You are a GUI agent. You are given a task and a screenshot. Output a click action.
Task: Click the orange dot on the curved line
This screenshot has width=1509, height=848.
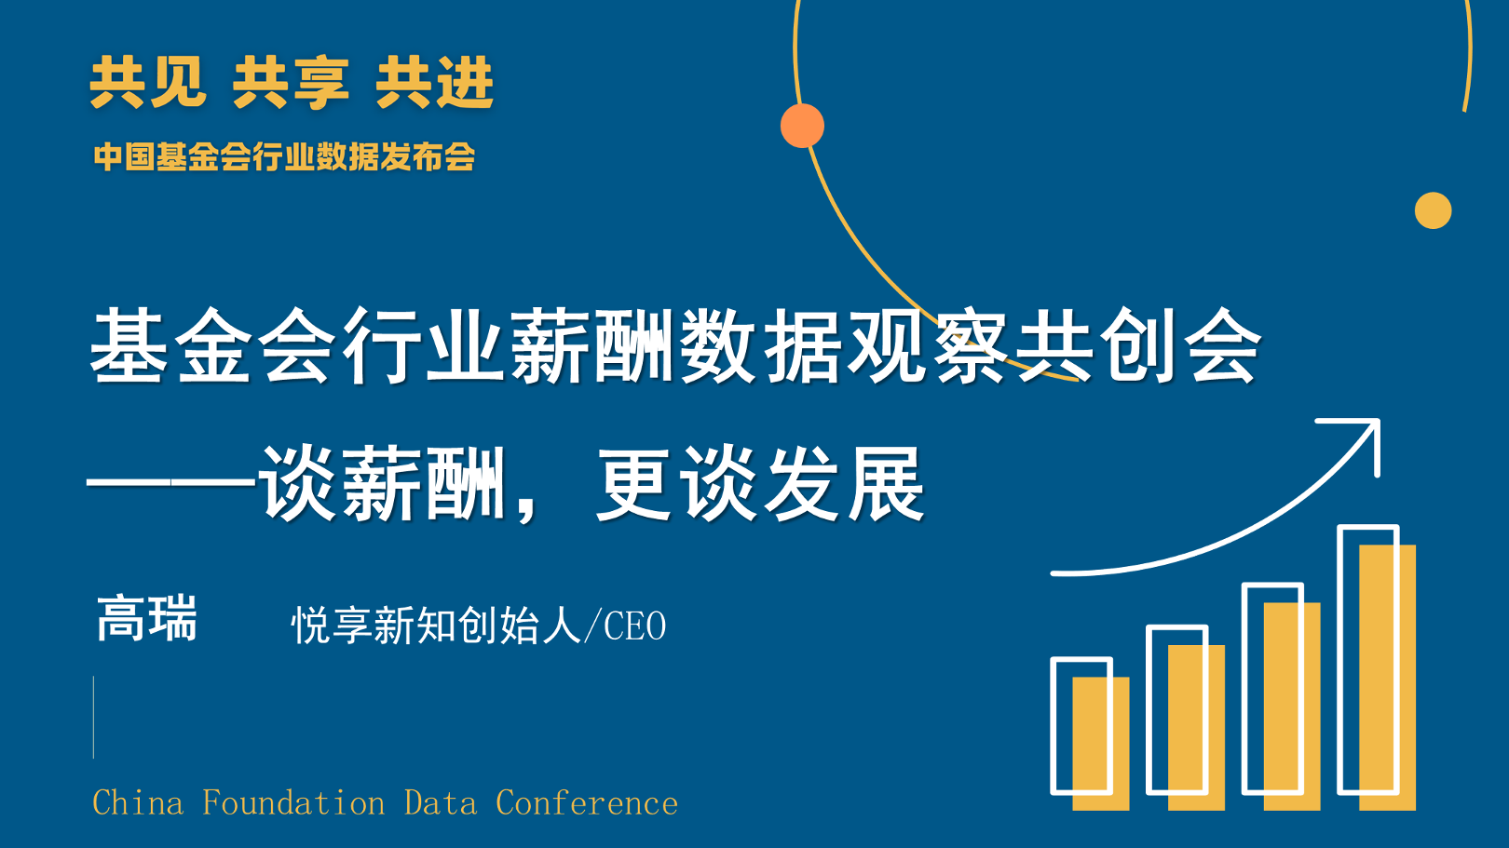click(x=802, y=126)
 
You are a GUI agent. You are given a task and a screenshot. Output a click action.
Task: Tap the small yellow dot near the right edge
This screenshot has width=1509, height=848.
click(x=1433, y=210)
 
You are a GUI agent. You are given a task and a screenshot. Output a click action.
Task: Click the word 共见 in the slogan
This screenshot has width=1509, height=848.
click(x=148, y=82)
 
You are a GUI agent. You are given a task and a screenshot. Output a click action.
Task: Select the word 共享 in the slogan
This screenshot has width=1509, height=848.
click(x=291, y=82)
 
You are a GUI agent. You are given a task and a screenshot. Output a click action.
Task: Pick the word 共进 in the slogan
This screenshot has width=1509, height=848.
click(x=434, y=82)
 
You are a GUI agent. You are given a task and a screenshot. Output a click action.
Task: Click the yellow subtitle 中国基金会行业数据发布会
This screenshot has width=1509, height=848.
click(x=284, y=156)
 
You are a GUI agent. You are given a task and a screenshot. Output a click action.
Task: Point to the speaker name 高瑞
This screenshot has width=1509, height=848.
click(x=147, y=618)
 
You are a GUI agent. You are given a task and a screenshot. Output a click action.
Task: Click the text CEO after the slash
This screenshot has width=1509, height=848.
click(x=634, y=626)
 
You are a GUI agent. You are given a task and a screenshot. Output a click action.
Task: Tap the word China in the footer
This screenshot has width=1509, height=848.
click(x=138, y=803)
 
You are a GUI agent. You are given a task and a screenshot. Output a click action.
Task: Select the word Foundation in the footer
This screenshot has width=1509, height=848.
click(x=293, y=803)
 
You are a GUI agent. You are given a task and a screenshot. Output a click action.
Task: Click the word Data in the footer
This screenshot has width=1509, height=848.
click(x=441, y=803)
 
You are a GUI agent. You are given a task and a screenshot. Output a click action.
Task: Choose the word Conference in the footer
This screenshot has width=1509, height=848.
click(x=587, y=803)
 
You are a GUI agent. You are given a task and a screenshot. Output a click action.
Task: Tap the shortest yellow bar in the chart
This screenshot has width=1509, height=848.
click(x=1101, y=744)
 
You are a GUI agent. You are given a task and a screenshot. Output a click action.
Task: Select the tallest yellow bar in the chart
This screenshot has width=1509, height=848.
click(x=1387, y=678)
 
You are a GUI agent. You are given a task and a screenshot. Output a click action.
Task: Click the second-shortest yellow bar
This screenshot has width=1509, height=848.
click(x=1196, y=728)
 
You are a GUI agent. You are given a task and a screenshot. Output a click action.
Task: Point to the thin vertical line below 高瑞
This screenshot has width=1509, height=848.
click(x=94, y=718)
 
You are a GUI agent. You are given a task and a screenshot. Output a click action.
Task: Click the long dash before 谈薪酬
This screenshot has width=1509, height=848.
click(x=171, y=483)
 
